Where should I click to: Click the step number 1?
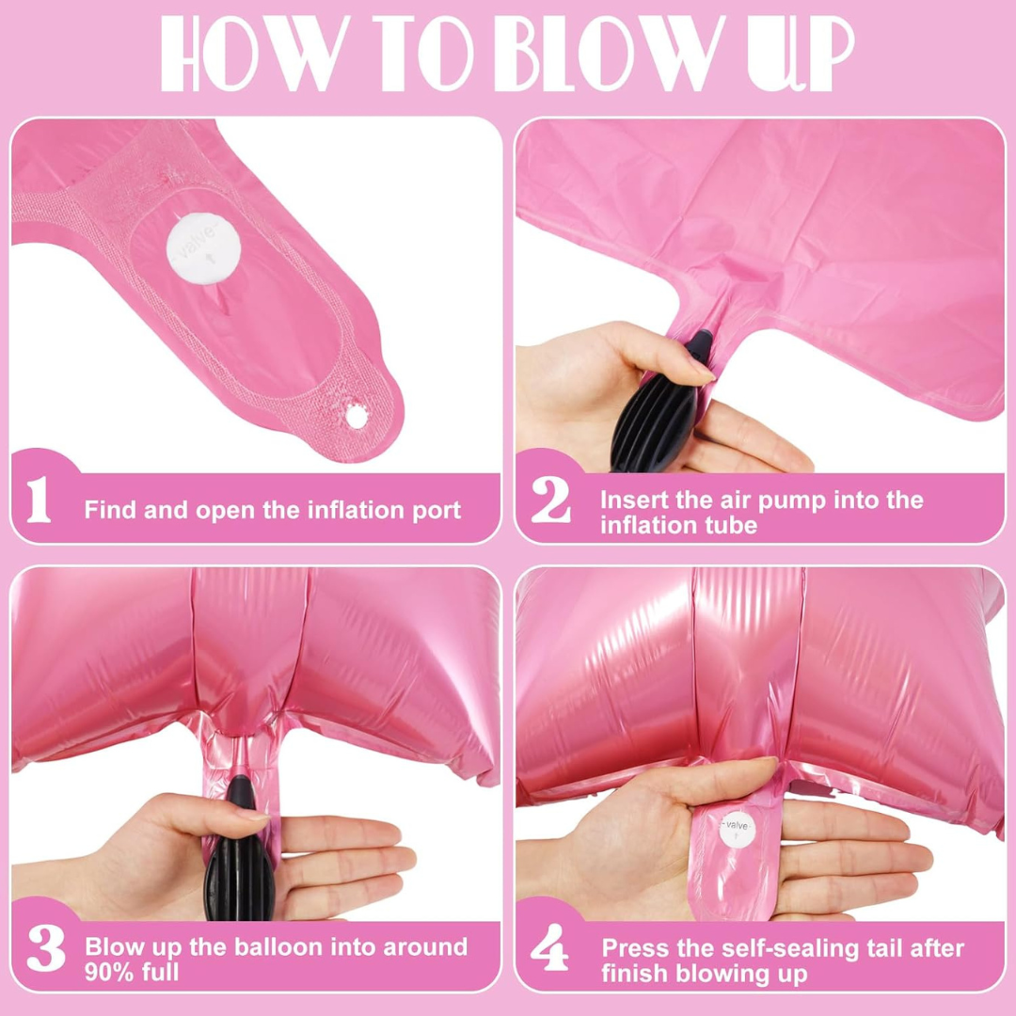39,501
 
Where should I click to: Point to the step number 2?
550,501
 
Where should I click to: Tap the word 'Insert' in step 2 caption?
633,499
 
